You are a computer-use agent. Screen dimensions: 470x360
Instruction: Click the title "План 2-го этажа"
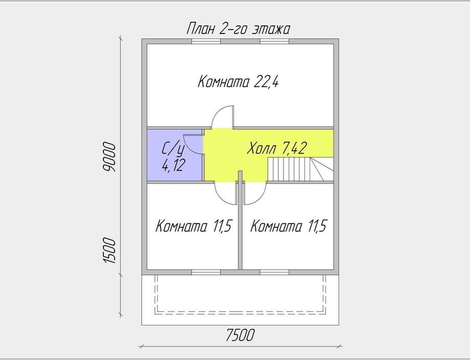[238, 29]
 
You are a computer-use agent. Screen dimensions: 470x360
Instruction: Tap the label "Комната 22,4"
[238, 82]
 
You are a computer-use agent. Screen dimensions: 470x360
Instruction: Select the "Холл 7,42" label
[276, 148]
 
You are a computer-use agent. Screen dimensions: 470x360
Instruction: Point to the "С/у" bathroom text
[173, 149]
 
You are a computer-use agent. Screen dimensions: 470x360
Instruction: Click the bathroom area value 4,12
[173, 165]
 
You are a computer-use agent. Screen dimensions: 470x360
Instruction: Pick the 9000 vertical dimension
[109, 157]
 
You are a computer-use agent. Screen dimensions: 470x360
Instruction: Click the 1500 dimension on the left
[109, 251]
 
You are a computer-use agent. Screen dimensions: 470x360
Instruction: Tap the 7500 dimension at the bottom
[240, 335]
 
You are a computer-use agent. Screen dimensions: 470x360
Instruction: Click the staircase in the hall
[300, 169]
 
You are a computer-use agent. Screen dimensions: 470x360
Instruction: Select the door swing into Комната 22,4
[222, 117]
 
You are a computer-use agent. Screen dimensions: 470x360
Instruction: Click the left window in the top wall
[206, 41]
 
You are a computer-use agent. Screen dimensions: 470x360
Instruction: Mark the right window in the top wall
[275, 41]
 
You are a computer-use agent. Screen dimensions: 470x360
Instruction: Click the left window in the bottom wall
[206, 272]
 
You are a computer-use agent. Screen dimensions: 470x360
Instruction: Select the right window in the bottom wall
[275, 272]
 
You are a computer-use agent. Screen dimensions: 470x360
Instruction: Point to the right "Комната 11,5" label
[289, 226]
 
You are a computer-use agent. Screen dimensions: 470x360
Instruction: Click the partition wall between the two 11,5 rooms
[240, 220]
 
